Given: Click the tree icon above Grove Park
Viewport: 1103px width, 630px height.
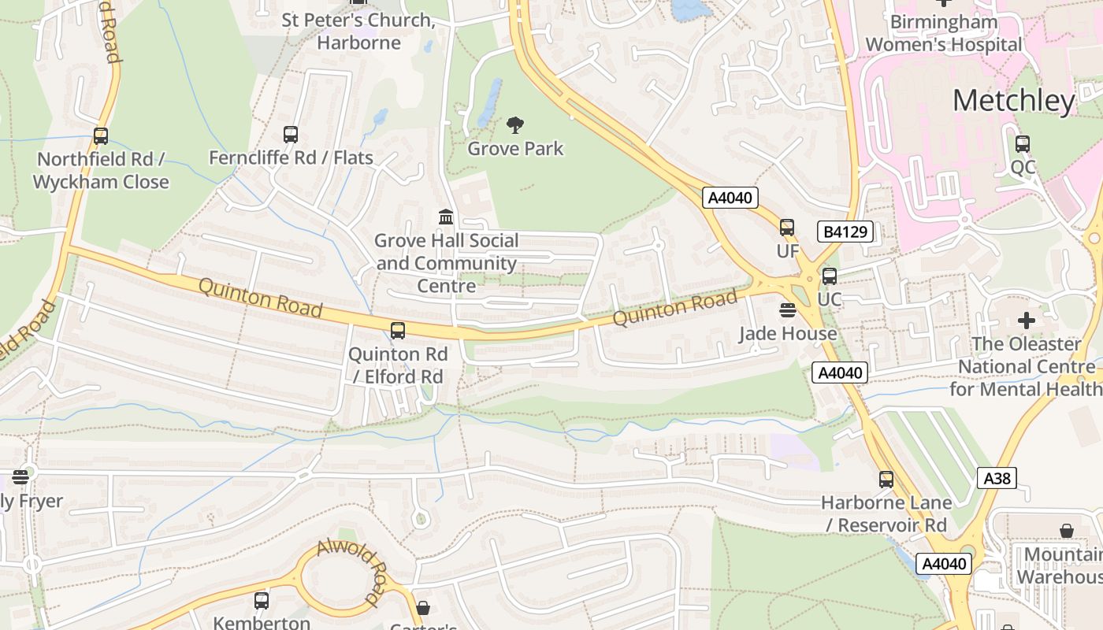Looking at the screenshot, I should pos(515,124).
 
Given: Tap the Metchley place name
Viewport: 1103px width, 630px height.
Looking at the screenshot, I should pos(1013,101).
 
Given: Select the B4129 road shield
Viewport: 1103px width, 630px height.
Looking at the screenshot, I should pos(845,232).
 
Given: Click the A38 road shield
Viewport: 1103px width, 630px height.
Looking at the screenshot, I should pos(997,477).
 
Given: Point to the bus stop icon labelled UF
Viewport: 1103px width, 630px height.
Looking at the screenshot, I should pos(787,228).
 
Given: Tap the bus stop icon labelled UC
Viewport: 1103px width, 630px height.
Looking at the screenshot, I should pos(829,276).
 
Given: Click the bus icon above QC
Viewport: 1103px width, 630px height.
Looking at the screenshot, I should pos(1022,144).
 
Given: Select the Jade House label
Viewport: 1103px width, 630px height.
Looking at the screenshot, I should pos(787,333).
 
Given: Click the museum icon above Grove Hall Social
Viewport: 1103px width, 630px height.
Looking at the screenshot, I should pos(446,217).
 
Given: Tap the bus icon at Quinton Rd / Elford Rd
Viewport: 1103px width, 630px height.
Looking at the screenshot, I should pos(398,331).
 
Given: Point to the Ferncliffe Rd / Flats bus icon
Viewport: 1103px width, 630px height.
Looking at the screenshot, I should pos(291,135).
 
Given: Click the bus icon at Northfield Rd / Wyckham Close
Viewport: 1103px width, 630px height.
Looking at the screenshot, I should pos(101,136).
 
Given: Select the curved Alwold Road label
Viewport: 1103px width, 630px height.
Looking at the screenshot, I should pos(354,570).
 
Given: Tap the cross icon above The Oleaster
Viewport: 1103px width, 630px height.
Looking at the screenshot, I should pos(1026,321).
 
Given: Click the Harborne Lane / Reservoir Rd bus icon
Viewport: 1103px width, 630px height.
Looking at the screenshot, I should pos(886,479).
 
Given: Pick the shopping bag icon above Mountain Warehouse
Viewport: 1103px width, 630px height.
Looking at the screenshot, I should pos(1067,531).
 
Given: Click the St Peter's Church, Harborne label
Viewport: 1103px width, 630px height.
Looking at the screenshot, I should pos(358,31).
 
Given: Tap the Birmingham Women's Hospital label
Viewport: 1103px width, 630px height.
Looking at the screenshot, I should pos(943,33).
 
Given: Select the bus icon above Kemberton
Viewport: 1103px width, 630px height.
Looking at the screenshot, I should pos(262,601).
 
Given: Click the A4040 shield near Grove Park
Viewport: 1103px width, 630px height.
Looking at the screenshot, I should pos(730,198).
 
